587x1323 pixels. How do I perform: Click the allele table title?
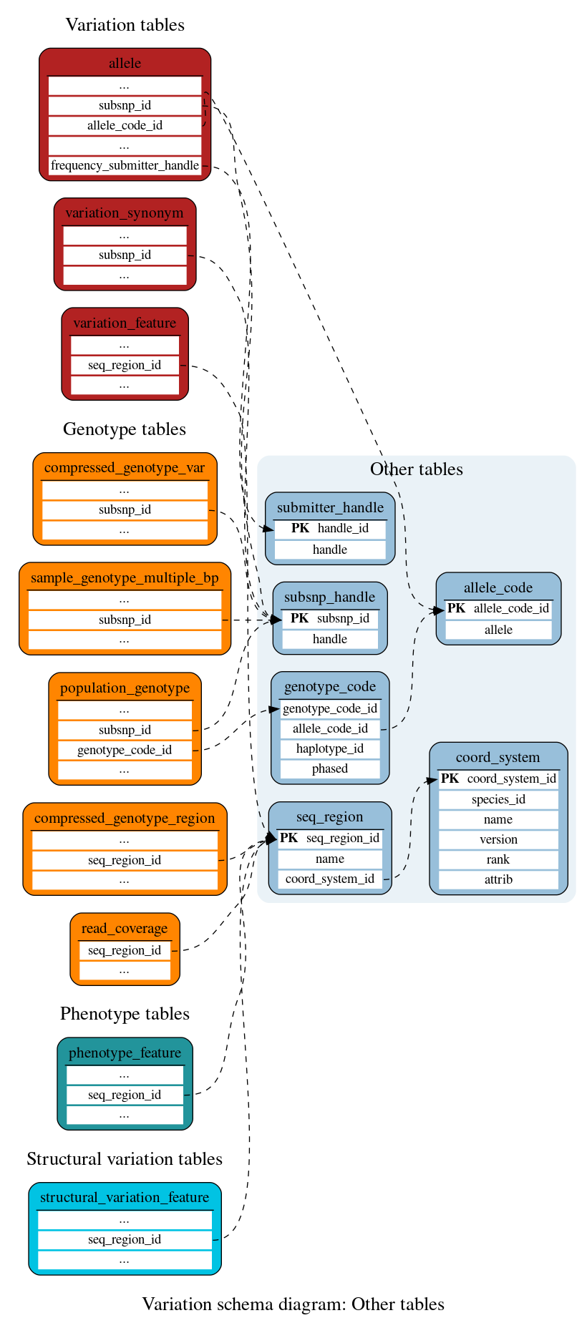(x=125, y=63)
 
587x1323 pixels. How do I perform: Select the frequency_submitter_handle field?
(x=125, y=165)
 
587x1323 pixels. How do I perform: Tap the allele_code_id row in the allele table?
(x=125, y=125)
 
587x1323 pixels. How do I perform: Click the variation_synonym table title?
(x=125, y=213)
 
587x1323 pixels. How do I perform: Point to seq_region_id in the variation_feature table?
(x=125, y=365)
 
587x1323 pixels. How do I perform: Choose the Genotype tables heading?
(x=125, y=429)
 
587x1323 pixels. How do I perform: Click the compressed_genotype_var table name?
(x=125, y=467)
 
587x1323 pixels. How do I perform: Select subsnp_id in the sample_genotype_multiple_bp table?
(x=125, y=620)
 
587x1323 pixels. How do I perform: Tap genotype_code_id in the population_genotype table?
(x=125, y=750)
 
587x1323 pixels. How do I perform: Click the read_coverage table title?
(x=125, y=928)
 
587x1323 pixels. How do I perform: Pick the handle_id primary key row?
(x=330, y=528)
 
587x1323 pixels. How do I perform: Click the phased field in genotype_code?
(x=330, y=768)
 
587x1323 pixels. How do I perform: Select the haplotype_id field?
(x=330, y=748)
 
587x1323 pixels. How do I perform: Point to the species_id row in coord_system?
(x=498, y=799)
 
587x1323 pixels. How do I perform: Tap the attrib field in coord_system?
(x=498, y=879)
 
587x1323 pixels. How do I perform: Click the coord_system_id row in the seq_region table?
(x=330, y=879)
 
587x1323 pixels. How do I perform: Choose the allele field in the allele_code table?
(x=498, y=630)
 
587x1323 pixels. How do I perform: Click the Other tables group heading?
(x=416, y=469)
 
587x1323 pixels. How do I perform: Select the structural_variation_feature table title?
(x=125, y=1197)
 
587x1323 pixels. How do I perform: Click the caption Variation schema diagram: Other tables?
(x=293, y=1304)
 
